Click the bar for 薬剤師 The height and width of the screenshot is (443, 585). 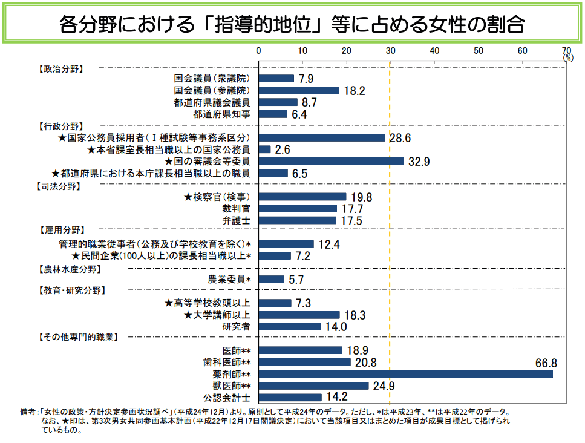tap(405, 374)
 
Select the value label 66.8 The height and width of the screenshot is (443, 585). tap(546, 363)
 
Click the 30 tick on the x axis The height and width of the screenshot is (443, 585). tap(390, 50)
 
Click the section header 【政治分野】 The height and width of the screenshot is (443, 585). tap(60, 68)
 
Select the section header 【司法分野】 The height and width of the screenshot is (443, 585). tap(60, 186)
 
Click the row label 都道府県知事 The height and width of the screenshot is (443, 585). tap(222, 114)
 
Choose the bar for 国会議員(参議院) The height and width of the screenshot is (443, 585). tap(299, 90)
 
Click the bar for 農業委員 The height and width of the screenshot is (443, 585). tap(271, 280)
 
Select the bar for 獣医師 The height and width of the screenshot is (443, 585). tap(313, 386)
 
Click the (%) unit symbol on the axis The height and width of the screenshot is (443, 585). tap(568, 57)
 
